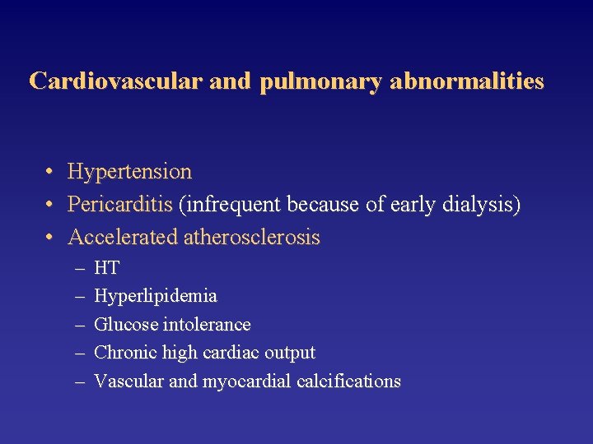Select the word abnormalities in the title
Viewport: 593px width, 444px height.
[x=467, y=81]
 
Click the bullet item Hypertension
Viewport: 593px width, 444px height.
[x=129, y=173]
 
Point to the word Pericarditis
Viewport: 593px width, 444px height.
[x=120, y=204]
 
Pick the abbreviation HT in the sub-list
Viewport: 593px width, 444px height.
[x=107, y=268]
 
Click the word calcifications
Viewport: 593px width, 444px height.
[x=349, y=382]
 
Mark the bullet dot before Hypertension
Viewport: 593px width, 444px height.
[x=50, y=173]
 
